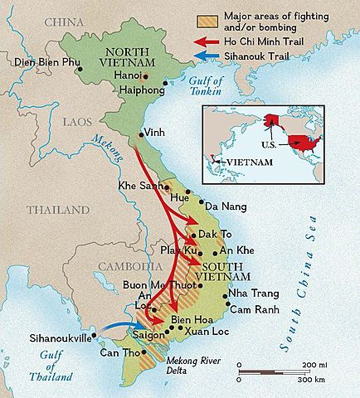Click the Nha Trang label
tap(250, 294)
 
